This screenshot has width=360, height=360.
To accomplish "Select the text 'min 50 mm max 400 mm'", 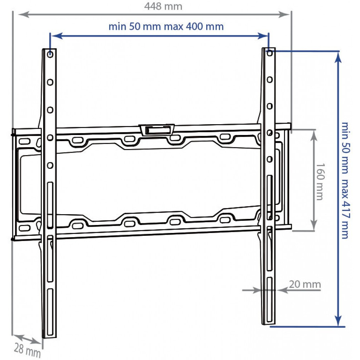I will point(166,26).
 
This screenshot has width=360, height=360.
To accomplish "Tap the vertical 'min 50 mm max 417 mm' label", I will point(345,180).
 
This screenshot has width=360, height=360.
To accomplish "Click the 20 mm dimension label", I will point(305,284).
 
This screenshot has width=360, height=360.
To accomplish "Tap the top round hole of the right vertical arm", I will point(270,53).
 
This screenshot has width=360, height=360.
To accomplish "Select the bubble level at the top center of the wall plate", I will point(157,129).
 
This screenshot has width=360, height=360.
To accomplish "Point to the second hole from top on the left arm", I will point(50,82).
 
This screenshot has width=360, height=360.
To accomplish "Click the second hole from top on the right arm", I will point(270,79).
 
